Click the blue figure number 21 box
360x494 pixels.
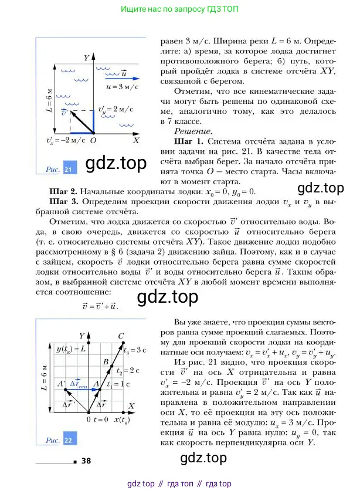pyautogui.click(x=68, y=170)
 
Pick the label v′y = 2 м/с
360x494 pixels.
pyautogui.click(x=112, y=109)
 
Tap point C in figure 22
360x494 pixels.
pyautogui.click(x=121, y=336)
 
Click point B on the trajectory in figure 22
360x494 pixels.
pyautogui.click(x=106, y=362)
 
